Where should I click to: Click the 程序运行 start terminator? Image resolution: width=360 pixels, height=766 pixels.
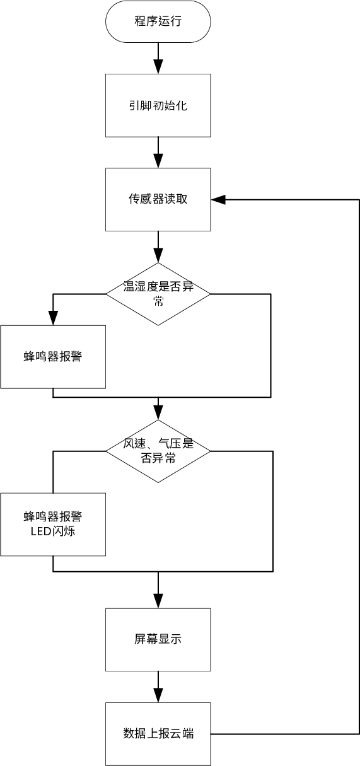pos(158,21)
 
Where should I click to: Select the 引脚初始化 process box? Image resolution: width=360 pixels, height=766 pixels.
pos(158,105)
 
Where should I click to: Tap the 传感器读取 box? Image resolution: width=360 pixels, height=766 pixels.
pos(158,199)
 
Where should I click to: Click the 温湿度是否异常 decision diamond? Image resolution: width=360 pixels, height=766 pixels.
pos(158,294)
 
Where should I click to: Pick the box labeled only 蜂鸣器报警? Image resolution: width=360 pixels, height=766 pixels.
pos(53,357)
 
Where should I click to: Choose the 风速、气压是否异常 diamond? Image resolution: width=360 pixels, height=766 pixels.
pos(158,451)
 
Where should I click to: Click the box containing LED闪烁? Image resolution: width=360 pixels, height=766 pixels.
pos(53,525)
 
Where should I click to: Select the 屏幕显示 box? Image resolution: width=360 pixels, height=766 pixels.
pos(158,639)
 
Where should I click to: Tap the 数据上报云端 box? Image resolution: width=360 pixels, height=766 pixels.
pos(158,734)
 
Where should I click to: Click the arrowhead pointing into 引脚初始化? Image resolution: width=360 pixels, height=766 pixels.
pos(158,67)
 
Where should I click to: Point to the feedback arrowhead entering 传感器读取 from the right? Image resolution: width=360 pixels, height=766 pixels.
pos(218,200)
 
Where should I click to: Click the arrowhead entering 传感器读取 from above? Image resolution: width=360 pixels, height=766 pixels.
pos(158,161)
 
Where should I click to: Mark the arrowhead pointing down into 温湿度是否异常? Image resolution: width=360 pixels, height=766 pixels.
pos(158,256)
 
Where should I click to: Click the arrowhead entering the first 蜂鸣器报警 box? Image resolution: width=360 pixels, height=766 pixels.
pos(53,318)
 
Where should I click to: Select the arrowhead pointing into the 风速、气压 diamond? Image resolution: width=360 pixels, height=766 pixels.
pos(158,413)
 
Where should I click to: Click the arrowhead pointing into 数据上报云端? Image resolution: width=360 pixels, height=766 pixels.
pos(158,695)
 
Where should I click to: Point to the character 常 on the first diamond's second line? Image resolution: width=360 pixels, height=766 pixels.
pos(158,301)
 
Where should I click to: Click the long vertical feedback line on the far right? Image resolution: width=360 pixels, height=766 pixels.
pos(359,467)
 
